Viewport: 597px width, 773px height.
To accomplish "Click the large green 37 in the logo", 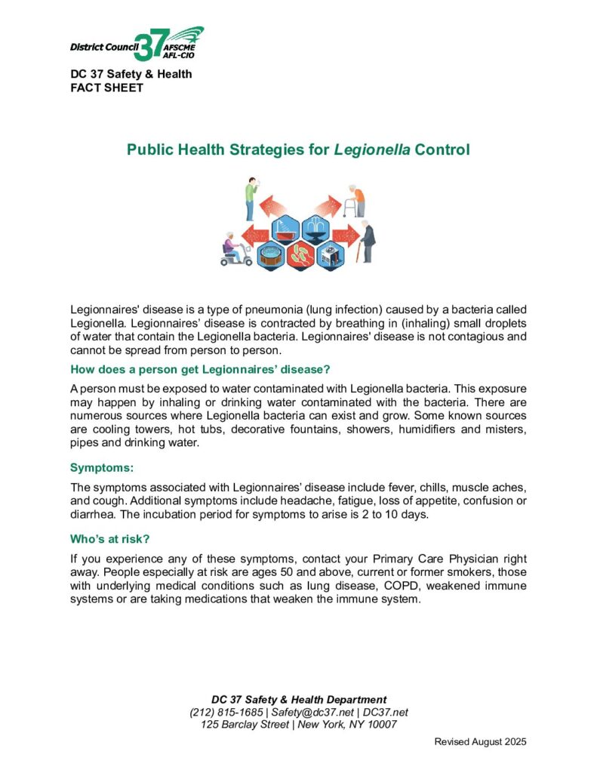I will (148, 47).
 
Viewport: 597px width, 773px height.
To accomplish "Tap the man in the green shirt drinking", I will (251, 199).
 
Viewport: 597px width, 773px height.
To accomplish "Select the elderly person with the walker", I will (356, 200).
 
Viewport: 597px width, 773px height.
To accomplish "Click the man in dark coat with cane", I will (367, 242).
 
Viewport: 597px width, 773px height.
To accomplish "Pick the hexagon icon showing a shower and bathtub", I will (284, 226).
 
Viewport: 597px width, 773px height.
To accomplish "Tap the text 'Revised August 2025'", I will (479, 742).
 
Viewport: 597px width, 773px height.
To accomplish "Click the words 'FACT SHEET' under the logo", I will (106, 87).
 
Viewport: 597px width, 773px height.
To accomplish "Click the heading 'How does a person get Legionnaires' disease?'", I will (200, 369).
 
